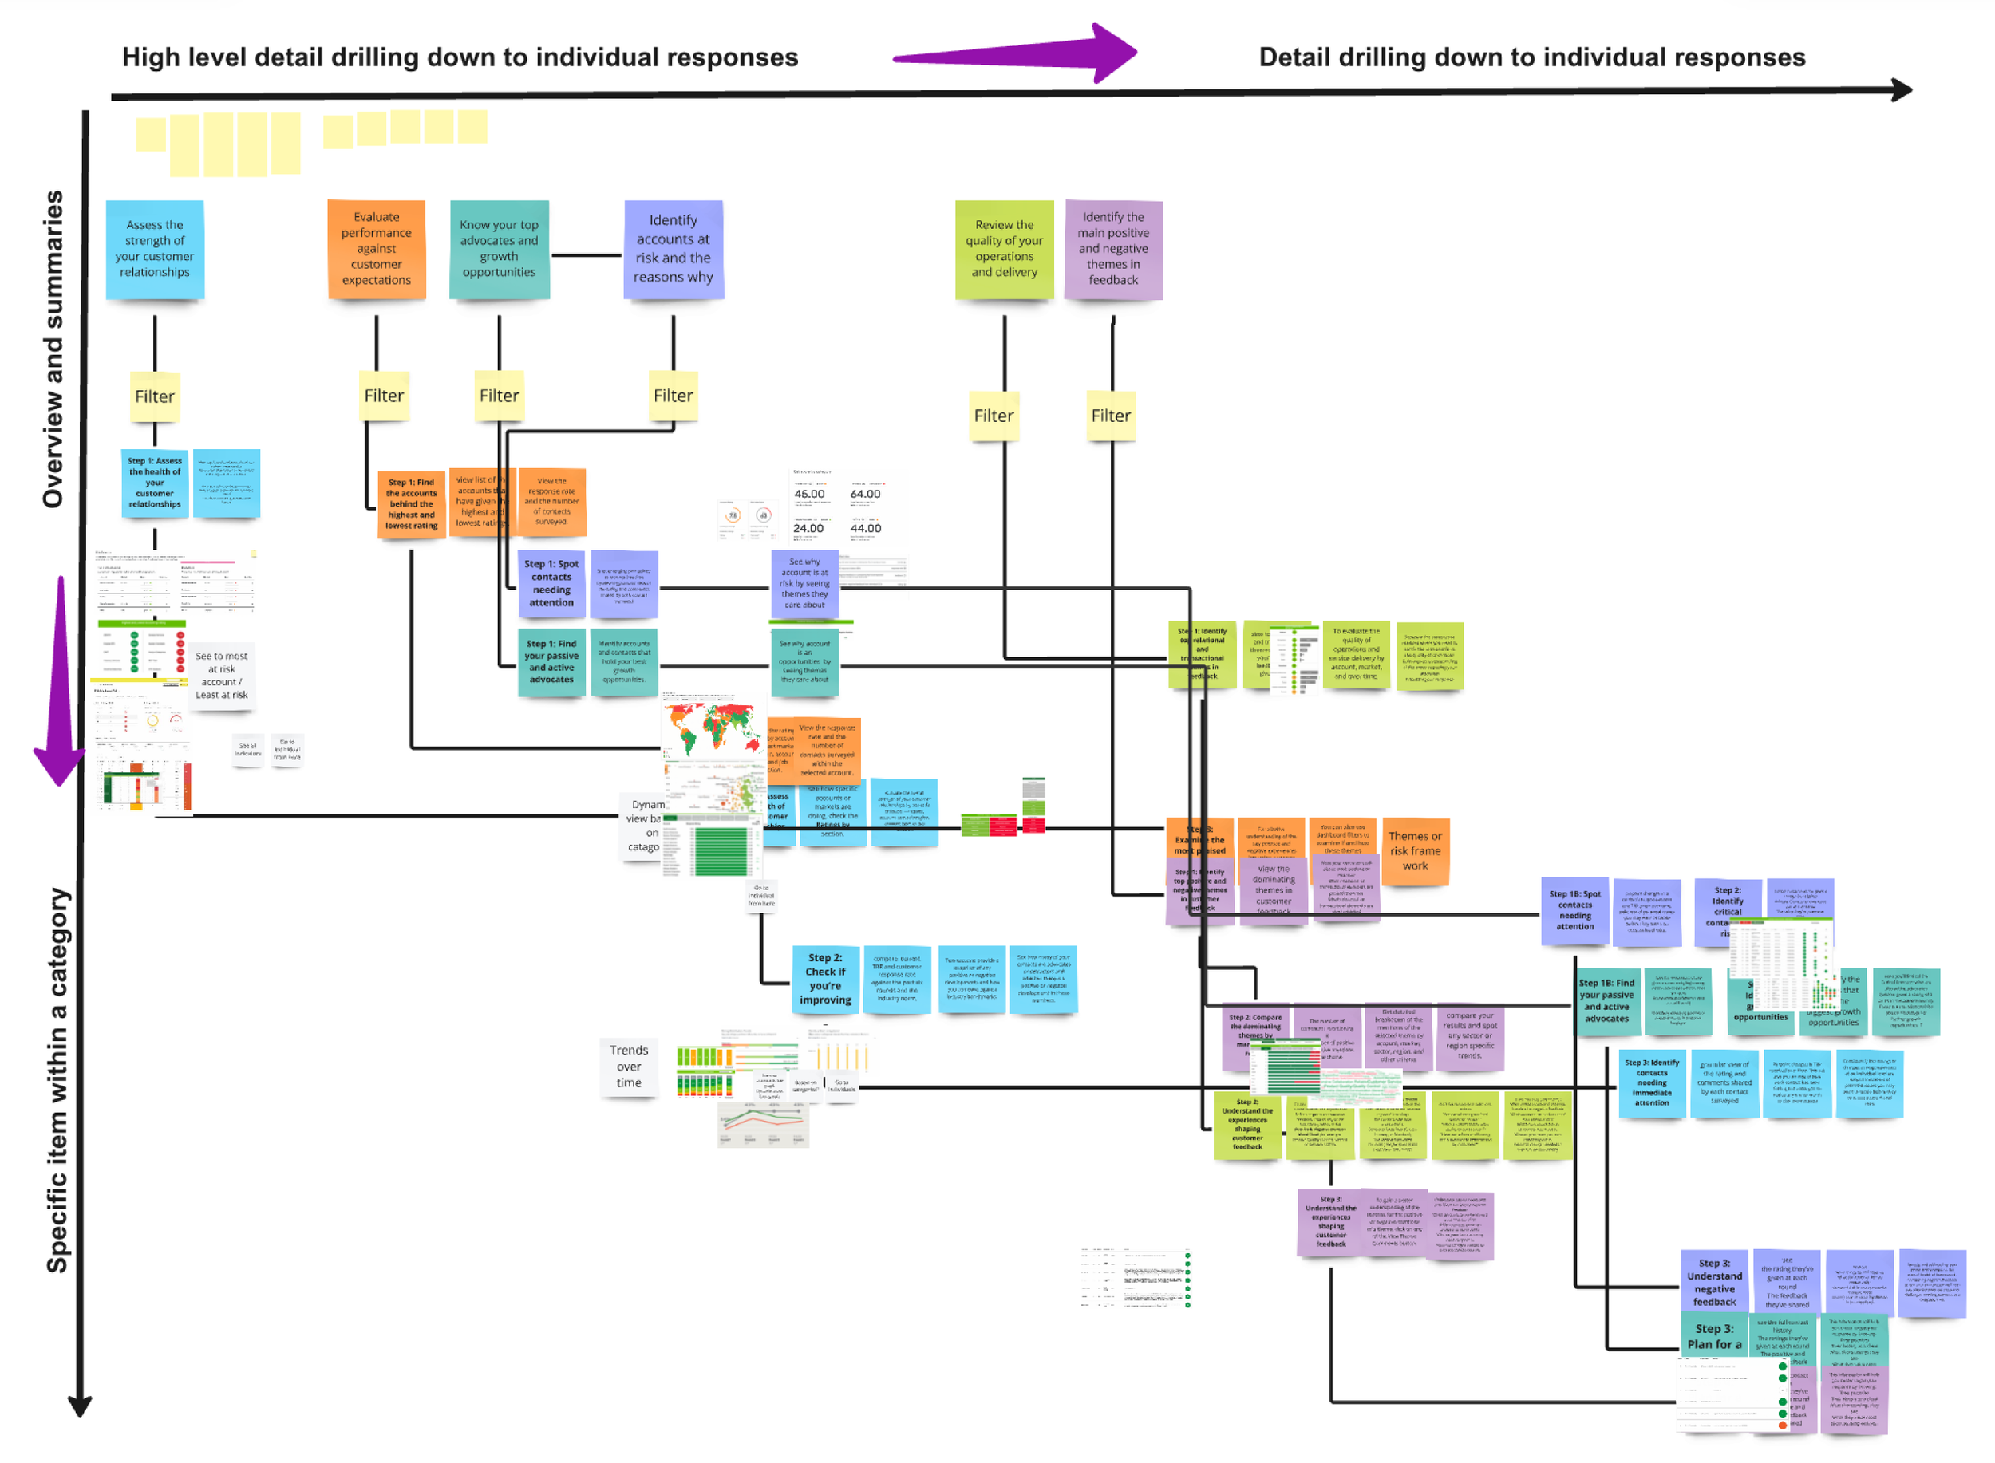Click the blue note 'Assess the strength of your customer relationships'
tap(155, 249)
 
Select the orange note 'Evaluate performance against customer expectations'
tap(377, 249)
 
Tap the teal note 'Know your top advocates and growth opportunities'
tap(499, 249)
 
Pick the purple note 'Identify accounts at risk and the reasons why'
tap(674, 249)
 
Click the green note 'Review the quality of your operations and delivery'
tap(1004, 249)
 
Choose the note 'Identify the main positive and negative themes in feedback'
tap(1112, 249)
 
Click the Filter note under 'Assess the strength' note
tap(155, 396)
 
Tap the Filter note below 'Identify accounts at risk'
tap(674, 396)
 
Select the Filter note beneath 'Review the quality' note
tap(993, 416)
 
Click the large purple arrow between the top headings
tap(1019, 55)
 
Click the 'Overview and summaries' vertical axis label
tap(53, 350)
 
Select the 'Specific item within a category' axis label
tap(57, 1080)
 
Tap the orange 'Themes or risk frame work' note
tap(1415, 851)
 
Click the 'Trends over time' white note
tap(629, 1067)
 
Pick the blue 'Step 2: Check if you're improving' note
tap(825, 979)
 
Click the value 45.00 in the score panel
tap(809, 494)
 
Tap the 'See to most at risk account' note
tap(222, 676)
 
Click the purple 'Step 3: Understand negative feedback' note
tap(1714, 1283)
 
